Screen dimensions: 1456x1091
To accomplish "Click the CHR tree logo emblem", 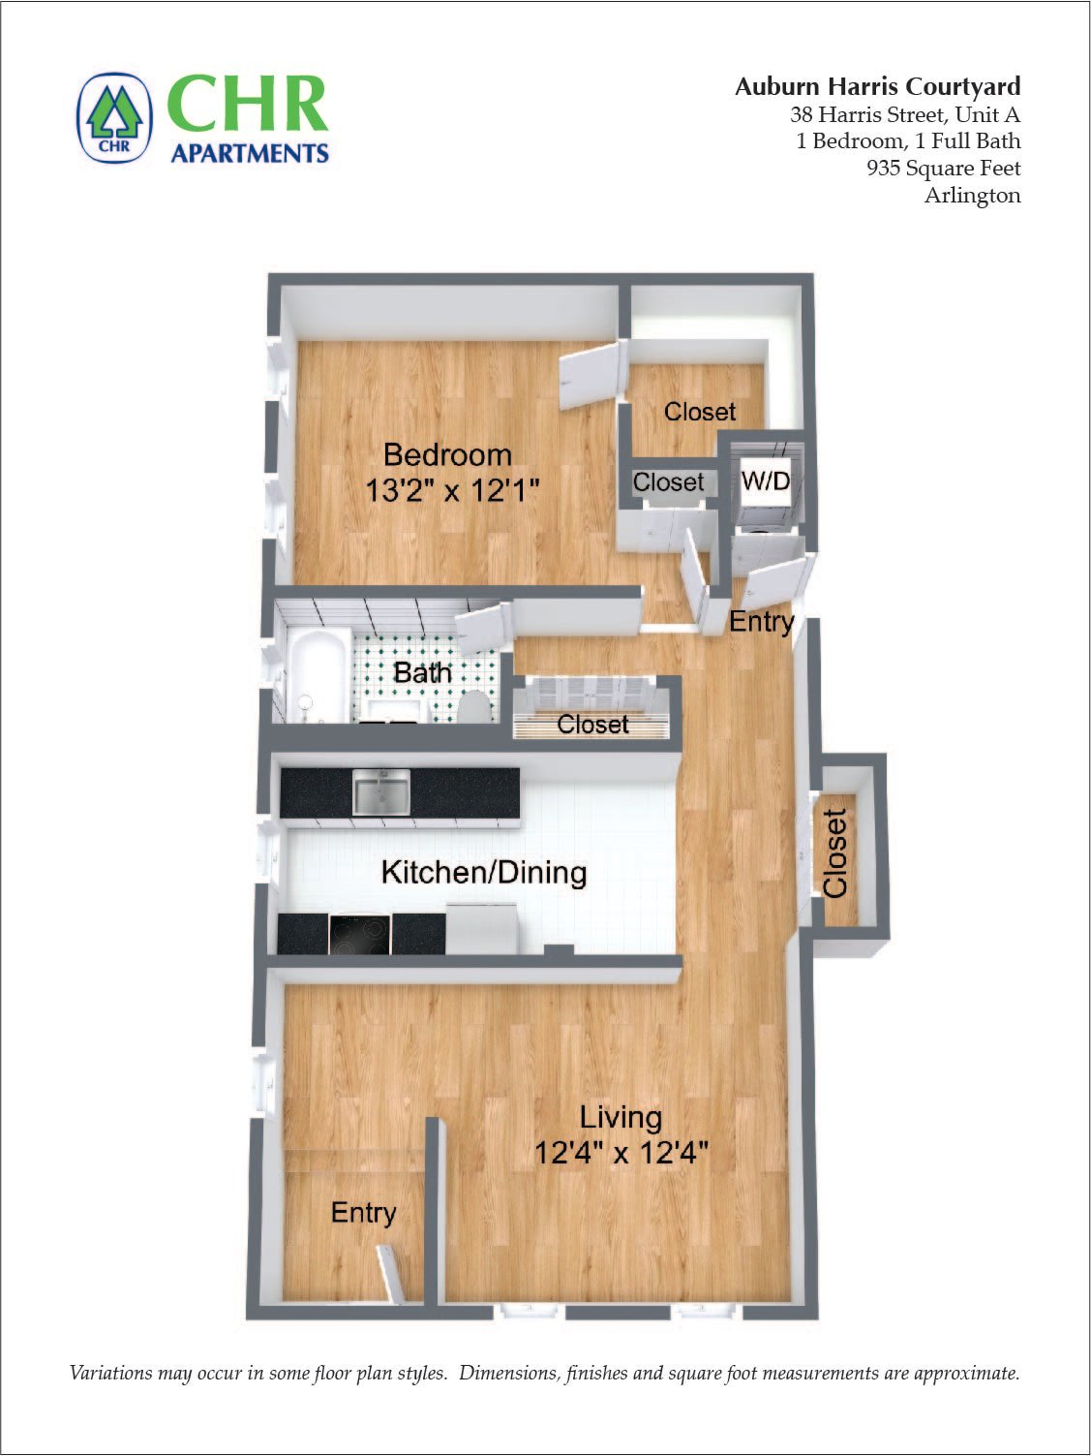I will [x=114, y=118].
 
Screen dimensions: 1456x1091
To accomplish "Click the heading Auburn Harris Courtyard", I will [x=877, y=86].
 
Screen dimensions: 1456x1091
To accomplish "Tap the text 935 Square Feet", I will [x=943, y=168].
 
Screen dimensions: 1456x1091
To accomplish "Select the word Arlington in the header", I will [x=972, y=195].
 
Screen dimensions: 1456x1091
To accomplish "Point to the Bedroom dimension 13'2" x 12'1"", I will [x=451, y=490].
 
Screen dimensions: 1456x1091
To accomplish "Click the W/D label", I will [x=765, y=480].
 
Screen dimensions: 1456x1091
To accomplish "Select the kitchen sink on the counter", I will [x=380, y=791].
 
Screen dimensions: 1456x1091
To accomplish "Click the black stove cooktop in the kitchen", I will [x=359, y=935].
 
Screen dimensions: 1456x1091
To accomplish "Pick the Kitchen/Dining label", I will [x=484, y=872].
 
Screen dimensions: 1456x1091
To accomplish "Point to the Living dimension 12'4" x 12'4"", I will [x=621, y=1153].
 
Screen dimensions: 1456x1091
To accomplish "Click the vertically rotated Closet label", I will [x=834, y=852].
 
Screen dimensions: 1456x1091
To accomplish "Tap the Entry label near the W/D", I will [x=761, y=621].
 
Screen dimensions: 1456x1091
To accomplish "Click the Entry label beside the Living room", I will [x=363, y=1213].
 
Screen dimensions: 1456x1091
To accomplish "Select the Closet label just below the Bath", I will [x=592, y=724].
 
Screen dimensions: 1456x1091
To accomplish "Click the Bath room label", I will [x=422, y=671].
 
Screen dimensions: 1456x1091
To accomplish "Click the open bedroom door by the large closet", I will [x=589, y=375].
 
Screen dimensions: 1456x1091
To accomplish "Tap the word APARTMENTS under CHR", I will [x=250, y=153].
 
